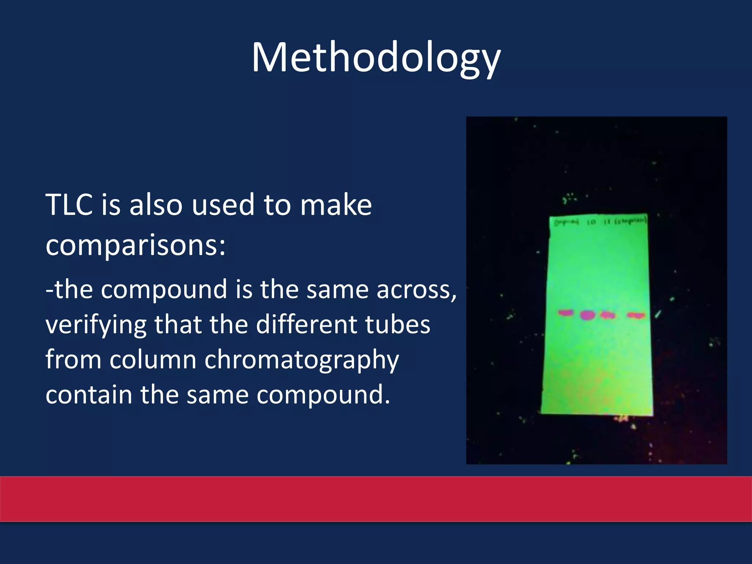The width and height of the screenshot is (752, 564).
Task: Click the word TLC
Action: pyautogui.click(x=69, y=205)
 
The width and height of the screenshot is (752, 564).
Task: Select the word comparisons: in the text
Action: pyautogui.click(x=135, y=245)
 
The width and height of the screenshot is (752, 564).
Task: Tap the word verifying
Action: pyautogui.click(x=94, y=325)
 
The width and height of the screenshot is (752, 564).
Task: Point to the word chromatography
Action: pyautogui.click(x=301, y=360)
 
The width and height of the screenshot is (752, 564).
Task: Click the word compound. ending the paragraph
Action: pyautogui.click(x=323, y=395)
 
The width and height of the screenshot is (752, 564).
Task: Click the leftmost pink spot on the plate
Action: pyautogui.click(x=566, y=313)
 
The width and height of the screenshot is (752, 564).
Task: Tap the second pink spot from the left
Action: pyautogui.click(x=587, y=315)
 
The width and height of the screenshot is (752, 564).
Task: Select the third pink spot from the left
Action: pyautogui.click(x=608, y=315)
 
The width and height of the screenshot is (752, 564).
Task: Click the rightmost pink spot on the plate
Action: pyautogui.click(x=636, y=315)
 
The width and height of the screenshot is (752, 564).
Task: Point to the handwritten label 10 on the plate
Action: pyautogui.click(x=591, y=222)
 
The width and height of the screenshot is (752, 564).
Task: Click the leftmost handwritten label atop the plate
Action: pyautogui.click(x=566, y=222)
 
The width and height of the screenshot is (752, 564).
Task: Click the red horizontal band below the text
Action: pyautogui.click(x=376, y=499)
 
